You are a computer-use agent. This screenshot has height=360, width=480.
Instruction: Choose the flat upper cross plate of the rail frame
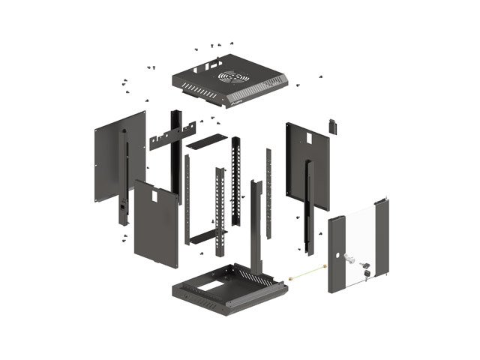coord(205,140)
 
